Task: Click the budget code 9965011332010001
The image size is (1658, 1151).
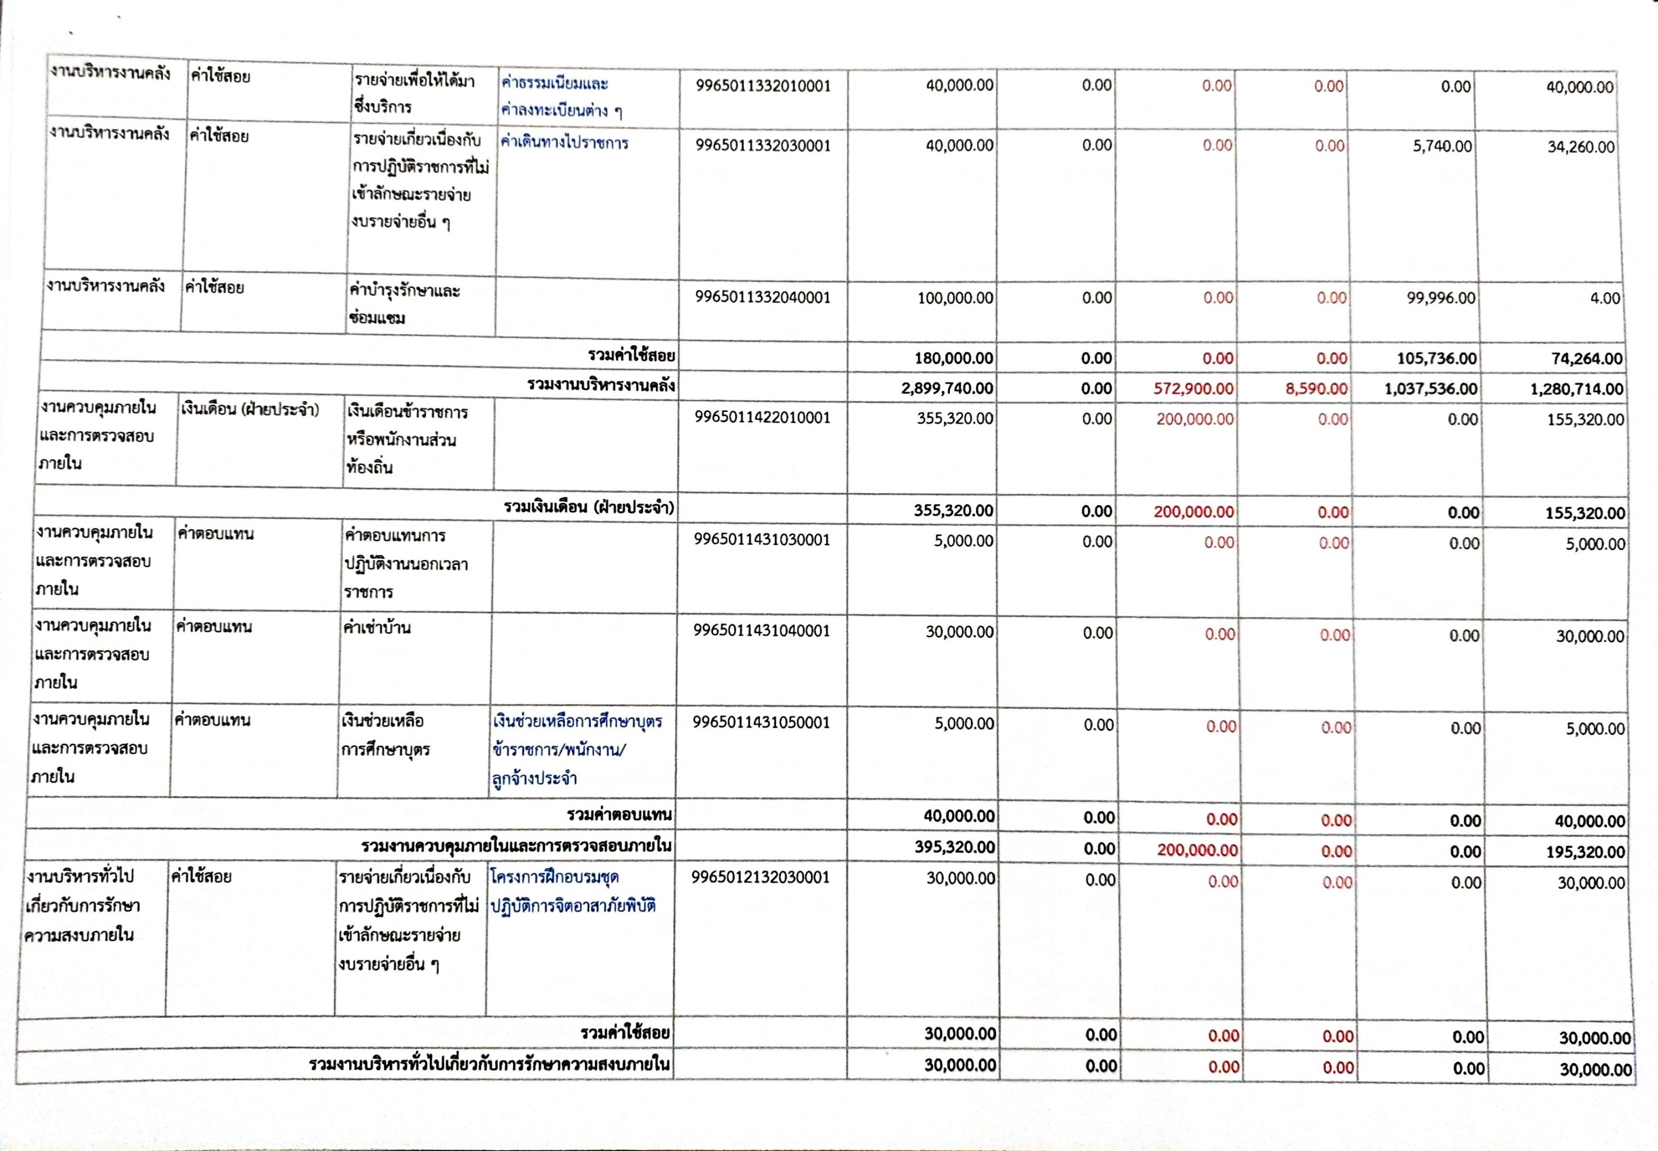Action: click(763, 87)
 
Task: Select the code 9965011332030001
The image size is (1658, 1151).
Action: click(763, 146)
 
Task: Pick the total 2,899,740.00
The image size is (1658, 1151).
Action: click(947, 388)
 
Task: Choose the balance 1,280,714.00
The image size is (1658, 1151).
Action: click(1577, 390)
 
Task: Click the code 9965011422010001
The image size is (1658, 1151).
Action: click(762, 418)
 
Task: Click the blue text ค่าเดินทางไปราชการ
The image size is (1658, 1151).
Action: click(564, 143)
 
